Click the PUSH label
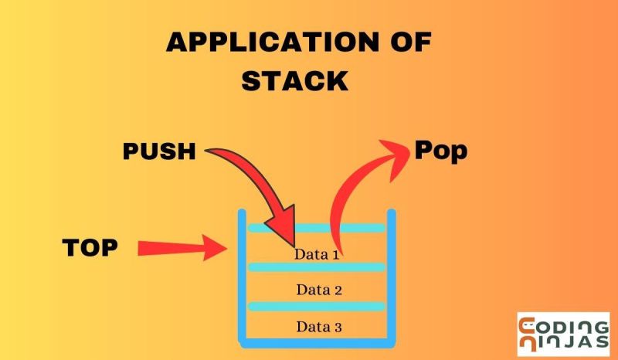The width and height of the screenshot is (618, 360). (159, 151)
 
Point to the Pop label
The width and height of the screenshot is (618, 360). (441, 150)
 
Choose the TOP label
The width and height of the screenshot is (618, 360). (90, 247)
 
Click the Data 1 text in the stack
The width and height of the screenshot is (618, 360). (317, 253)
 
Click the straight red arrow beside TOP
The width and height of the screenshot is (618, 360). (182, 248)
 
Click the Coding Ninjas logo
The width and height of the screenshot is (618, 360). (562, 335)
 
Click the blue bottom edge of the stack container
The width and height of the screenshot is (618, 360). (316, 341)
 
